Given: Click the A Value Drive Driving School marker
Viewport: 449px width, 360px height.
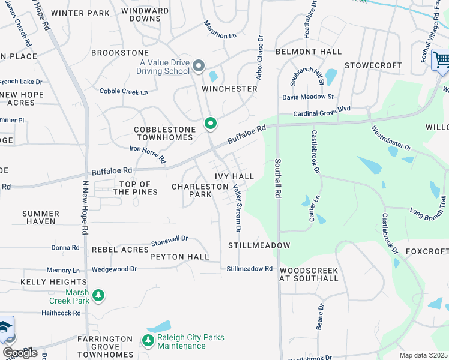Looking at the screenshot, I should [199, 65].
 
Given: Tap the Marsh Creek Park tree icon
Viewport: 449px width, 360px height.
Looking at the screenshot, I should [99, 296].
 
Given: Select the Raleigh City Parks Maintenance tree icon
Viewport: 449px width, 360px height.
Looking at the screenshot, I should [148, 341].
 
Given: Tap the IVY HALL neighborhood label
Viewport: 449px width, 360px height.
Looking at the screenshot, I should [235, 176].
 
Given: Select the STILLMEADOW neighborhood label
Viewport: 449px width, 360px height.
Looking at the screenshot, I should [259, 245].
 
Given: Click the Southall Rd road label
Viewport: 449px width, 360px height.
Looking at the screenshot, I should [278, 178].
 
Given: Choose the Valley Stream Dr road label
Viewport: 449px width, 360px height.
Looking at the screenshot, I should [238, 208].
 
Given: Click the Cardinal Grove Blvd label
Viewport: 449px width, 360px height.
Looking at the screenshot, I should [321, 112].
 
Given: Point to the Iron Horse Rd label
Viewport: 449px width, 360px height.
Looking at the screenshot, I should [148, 154].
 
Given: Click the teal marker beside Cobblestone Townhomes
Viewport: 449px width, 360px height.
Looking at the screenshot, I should [211, 124].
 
